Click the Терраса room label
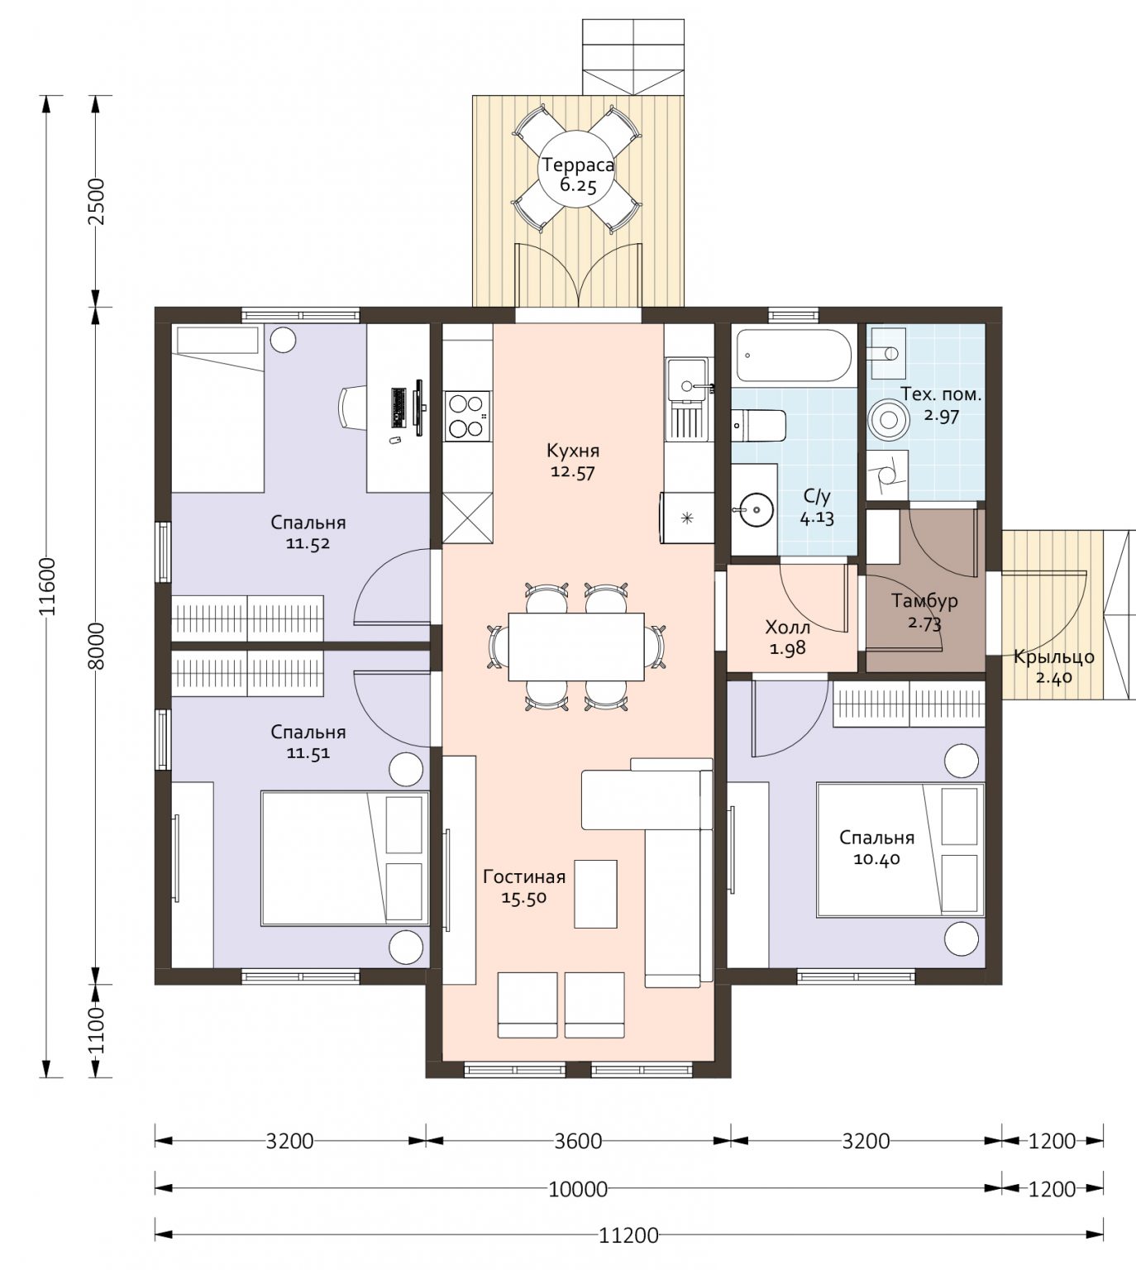(x=577, y=165)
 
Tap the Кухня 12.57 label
(x=572, y=461)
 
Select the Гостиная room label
(x=524, y=876)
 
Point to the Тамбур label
(x=924, y=601)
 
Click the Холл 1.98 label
(x=787, y=637)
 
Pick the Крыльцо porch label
(x=1054, y=657)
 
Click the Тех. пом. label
(x=941, y=394)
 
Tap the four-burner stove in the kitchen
(x=467, y=416)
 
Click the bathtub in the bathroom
(x=794, y=356)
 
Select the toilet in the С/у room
(x=758, y=426)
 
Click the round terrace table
(x=577, y=169)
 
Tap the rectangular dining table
(x=576, y=647)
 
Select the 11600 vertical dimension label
(x=47, y=587)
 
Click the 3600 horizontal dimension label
(x=578, y=1141)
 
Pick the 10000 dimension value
(x=578, y=1189)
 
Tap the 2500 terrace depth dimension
(x=98, y=201)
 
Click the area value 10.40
(x=876, y=859)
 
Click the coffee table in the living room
(x=595, y=894)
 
